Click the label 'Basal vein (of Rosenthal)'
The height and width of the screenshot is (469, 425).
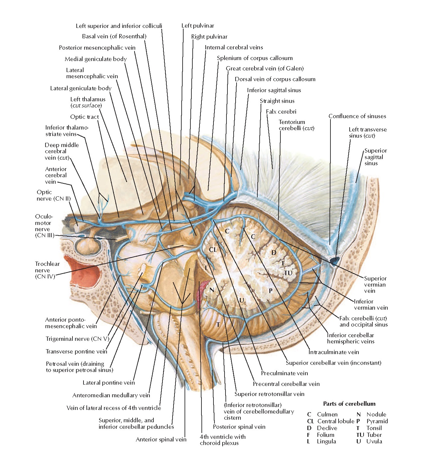[114, 36]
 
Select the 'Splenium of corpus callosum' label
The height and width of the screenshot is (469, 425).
[255, 58]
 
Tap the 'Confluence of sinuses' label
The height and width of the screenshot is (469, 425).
[357, 116]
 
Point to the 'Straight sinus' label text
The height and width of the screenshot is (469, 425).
[277, 101]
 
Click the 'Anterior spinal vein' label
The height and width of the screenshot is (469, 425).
[161, 439]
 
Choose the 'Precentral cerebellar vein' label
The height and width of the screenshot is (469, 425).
[286, 384]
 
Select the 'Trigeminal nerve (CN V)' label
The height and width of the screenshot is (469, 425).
[77, 339]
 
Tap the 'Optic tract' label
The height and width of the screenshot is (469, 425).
[84, 117]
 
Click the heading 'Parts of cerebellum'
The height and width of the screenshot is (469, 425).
[349, 404]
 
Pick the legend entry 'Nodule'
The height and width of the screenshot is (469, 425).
[376, 414]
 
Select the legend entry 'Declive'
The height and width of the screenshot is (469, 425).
[327, 428]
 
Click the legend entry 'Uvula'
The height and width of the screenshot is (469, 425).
[374, 441]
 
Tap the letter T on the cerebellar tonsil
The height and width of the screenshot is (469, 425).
[218, 325]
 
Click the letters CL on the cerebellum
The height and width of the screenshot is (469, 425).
[212, 250]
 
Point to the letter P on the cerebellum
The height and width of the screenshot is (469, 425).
[270, 291]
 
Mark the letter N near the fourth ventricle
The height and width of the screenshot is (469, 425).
[212, 290]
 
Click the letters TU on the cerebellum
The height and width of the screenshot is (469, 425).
[288, 273]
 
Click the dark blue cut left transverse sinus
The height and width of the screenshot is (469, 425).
[335, 260]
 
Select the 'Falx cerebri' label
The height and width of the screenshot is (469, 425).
[281, 112]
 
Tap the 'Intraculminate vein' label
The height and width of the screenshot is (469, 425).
[334, 352]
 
